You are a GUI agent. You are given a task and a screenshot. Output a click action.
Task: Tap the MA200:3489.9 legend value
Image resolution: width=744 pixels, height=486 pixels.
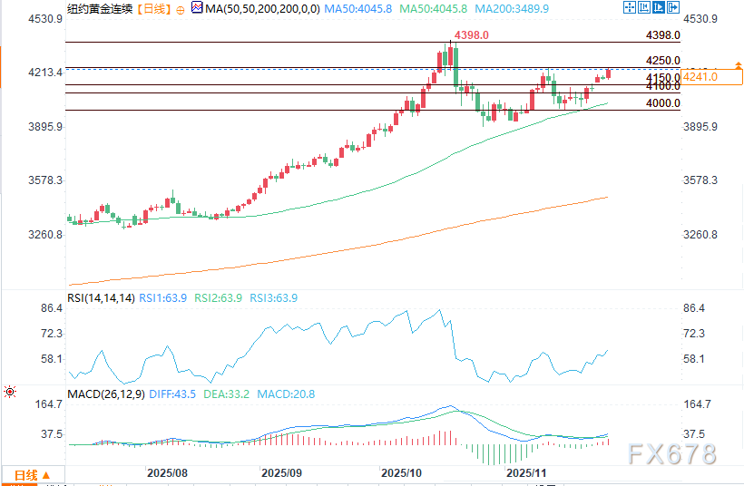[514, 8]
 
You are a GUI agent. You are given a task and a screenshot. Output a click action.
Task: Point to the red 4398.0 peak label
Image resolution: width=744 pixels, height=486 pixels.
[472, 34]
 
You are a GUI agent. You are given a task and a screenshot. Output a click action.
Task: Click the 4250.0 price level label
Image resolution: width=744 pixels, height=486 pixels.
[663, 60]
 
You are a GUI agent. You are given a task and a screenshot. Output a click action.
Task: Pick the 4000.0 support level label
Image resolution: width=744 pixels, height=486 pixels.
[663, 104]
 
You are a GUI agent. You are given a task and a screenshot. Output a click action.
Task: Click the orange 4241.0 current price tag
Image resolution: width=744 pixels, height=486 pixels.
[700, 77]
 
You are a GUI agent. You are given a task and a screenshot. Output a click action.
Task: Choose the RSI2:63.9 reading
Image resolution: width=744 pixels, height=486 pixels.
[219, 297]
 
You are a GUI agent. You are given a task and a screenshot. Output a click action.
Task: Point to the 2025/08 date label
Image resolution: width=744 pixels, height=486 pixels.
[166, 473]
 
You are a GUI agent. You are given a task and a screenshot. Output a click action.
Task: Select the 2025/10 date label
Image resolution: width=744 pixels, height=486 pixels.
[400, 473]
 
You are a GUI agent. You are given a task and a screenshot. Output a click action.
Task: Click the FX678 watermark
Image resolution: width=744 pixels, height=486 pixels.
[671, 453]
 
